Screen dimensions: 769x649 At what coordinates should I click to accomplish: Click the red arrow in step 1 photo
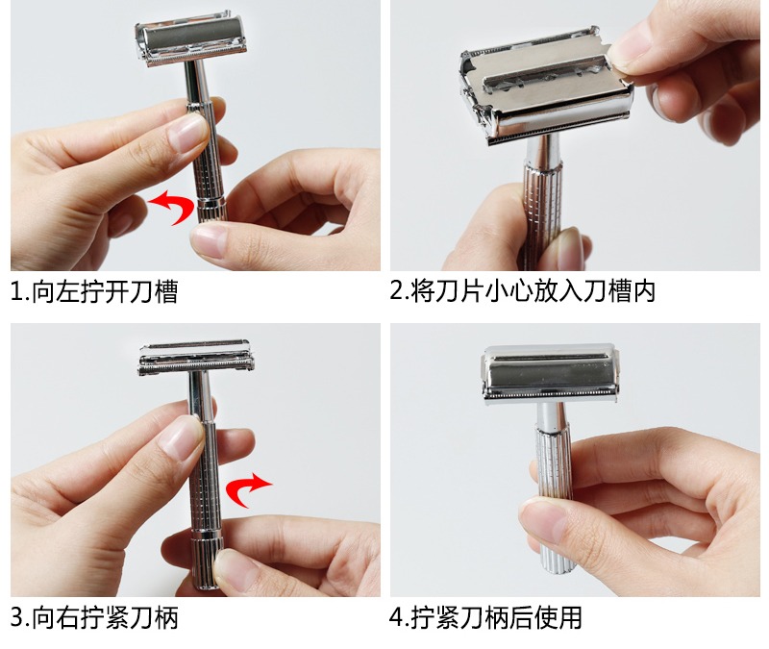(x=177, y=205)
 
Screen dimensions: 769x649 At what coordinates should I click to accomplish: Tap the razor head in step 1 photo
(x=191, y=39)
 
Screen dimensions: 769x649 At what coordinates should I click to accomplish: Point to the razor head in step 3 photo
(x=196, y=357)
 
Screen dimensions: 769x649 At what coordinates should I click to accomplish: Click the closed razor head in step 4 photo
(x=549, y=374)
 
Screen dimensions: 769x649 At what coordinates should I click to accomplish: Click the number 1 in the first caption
(x=17, y=292)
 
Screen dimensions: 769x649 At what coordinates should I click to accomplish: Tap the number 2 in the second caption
(x=396, y=290)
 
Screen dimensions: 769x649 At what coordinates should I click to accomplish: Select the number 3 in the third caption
(x=17, y=617)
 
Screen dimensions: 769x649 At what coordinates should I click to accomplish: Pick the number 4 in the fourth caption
(x=396, y=617)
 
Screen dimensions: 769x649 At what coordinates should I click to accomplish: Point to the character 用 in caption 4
(x=570, y=617)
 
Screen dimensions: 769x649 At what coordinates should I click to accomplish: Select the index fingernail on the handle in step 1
(x=188, y=133)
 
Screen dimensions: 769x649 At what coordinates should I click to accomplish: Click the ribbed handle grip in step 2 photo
(x=543, y=206)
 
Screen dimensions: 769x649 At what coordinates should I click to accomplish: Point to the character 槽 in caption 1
(x=165, y=292)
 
